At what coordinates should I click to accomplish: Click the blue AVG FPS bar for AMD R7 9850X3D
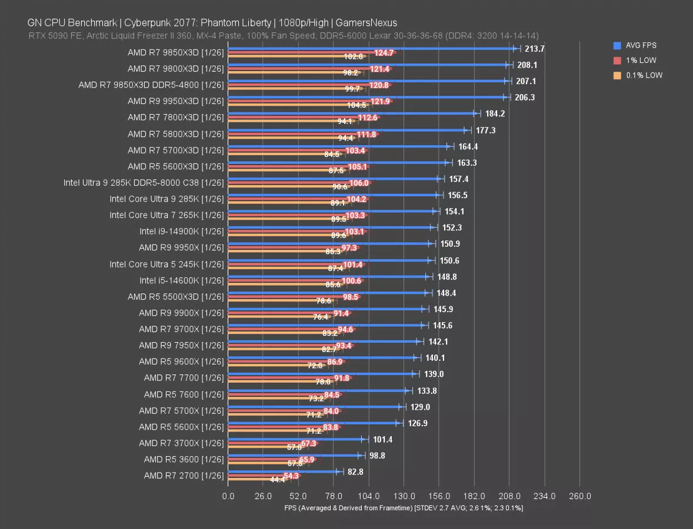tap(371, 49)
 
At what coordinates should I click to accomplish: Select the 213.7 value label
tap(534, 49)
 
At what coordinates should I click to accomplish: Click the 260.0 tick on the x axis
tap(579, 496)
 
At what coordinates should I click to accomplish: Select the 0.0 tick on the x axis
tap(228, 496)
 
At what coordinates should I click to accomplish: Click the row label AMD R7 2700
tap(184, 475)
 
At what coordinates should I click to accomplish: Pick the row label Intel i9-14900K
tap(182, 231)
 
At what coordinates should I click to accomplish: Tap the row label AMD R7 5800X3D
tap(176, 133)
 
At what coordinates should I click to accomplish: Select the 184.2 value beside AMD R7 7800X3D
tap(495, 113)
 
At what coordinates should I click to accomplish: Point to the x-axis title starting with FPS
tap(404, 508)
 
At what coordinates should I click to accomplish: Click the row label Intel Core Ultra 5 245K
tap(166, 264)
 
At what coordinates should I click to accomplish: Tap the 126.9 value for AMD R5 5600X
tap(417, 423)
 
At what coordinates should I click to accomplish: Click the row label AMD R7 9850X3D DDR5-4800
tap(151, 85)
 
